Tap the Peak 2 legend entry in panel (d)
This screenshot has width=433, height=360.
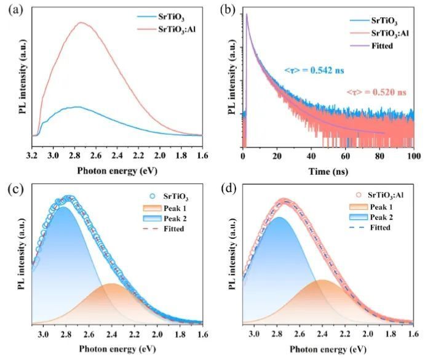pyautogui.click(x=381, y=216)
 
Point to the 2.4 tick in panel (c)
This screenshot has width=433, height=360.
pyautogui.click(x=111, y=335)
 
